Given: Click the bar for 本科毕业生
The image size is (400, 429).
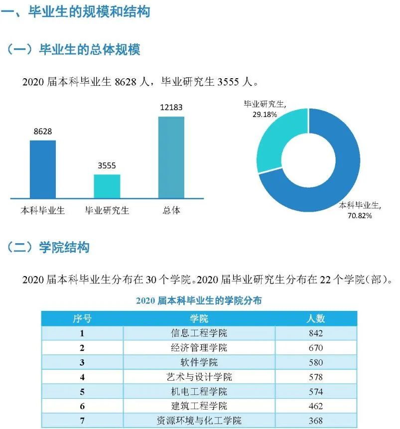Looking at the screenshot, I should click(x=43, y=169).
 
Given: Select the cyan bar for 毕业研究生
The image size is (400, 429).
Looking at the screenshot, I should click(x=107, y=186).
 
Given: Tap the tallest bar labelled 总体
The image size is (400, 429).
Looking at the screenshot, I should click(x=171, y=157).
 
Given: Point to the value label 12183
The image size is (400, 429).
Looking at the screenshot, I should click(x=171, y=108).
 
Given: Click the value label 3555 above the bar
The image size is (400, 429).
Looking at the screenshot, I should click(x=107, y=166).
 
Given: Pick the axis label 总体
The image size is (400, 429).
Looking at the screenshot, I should click(x=171, y=210).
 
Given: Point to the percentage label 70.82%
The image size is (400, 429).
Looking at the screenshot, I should click(x=359, y=216).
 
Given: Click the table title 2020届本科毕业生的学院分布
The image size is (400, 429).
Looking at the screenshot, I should click(x=199, y=300).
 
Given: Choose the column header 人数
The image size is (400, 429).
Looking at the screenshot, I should click(x=315, y=318).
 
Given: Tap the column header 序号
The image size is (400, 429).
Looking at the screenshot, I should click(x=82, y=318).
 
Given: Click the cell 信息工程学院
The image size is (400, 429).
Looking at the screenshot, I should click(x=199, y=333).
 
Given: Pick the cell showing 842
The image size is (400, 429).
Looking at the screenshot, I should click(x=315, y=333).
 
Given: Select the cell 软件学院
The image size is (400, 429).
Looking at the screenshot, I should click(x=199, y=362).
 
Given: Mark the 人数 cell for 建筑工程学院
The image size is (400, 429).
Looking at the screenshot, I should click(x=315, y=406).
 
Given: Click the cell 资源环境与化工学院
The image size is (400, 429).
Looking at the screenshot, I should click(x=199, y=421).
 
